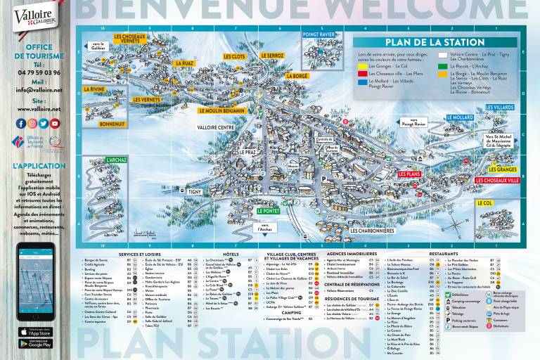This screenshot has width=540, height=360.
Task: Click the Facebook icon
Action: (21, 123)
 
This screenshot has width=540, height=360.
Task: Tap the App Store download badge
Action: (35, 331)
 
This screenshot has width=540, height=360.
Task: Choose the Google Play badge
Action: (35, 344)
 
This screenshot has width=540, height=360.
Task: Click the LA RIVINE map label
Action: (94, 89)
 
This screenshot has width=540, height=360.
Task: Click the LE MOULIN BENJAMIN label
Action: (221, 110)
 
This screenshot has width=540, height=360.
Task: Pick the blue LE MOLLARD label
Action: (461, 118)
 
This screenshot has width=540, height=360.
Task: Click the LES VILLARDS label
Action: (500, 108)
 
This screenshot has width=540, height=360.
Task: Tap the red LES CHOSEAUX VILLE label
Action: (497, 181)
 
